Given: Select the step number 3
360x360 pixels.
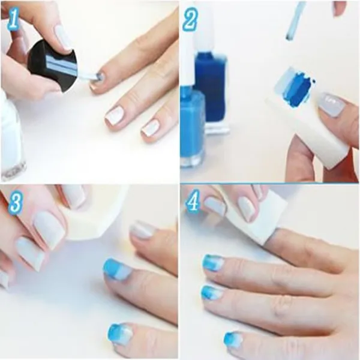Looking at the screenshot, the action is point(16,202).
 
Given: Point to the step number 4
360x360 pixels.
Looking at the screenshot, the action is point(194,202).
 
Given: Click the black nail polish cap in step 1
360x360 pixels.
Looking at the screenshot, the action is point(52,66).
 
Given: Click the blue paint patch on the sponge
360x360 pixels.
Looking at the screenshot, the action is point(299,89).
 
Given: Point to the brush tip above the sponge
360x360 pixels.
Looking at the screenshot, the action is point(289,37).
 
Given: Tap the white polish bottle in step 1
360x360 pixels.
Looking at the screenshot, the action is point(11,136).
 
